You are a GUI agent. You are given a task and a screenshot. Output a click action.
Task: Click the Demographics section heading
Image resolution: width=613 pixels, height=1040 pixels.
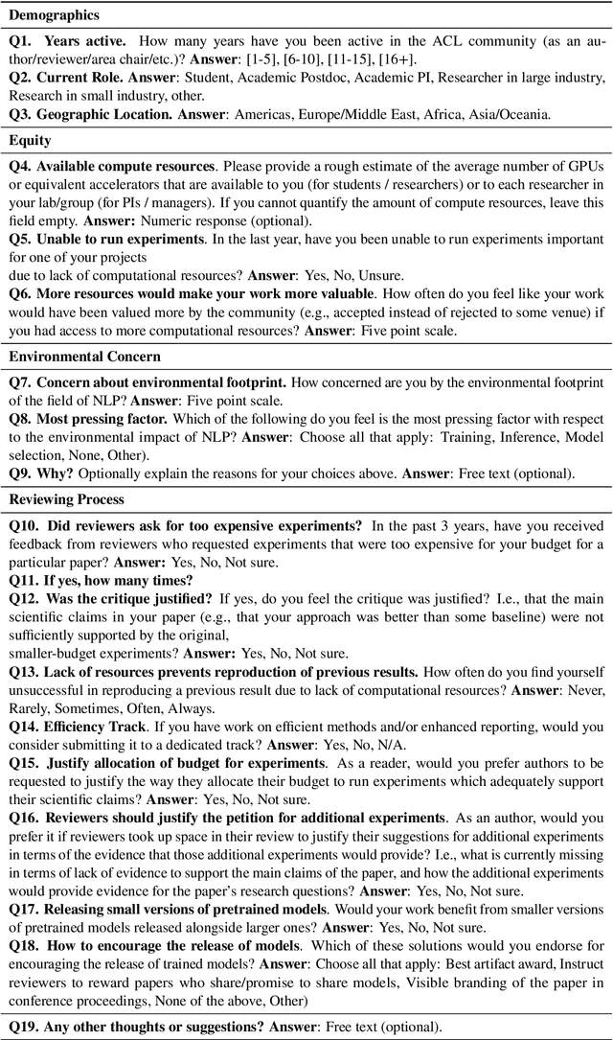click(56, 16)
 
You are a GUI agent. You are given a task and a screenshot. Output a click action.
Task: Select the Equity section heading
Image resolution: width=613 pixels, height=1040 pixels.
click(30, 140)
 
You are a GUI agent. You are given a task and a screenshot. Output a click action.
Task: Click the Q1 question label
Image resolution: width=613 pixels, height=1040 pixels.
click(21, 42)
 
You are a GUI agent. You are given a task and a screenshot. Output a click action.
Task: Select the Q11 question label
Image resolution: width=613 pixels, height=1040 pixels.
click(25, 580)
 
